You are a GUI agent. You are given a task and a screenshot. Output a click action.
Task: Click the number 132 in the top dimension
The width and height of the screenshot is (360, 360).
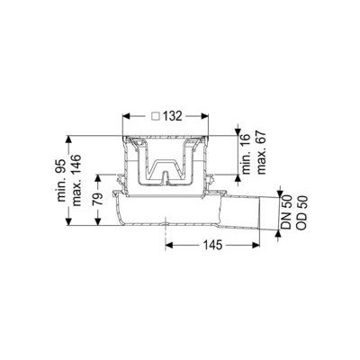(173, 117)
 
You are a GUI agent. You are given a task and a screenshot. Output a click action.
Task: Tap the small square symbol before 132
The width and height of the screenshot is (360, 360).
(157, 117)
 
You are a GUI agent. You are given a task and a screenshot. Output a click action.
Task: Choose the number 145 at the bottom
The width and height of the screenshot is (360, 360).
(212, 243)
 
